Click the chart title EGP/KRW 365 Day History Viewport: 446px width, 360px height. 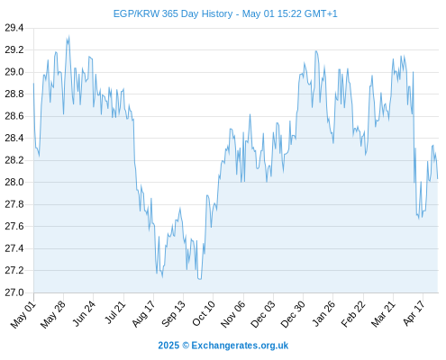click(173, 13)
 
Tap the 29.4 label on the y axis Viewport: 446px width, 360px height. click(14, 28)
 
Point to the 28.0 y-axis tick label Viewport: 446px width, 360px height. click(14, 182)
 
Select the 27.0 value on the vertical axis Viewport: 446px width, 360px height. click(14, 292)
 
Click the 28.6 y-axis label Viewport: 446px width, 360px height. click(14, 116)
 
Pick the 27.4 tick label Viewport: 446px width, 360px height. click(14, 248)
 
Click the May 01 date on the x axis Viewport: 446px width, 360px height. click(23, 315)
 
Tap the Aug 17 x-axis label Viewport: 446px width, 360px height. click(143, 314)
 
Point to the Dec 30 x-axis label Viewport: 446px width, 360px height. click(293, 314)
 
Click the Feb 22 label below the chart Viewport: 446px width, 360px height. click(353, 314)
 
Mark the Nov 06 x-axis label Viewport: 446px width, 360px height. click(233, 314)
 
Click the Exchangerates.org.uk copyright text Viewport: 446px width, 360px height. click(240, 346)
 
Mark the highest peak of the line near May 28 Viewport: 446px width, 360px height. click(68, 36)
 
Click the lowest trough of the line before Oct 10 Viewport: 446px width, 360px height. click(200, 279)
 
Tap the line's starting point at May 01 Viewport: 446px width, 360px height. click(33, 84)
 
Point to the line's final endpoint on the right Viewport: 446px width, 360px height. click(438, 179)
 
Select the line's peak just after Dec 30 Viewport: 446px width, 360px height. click(316, 51)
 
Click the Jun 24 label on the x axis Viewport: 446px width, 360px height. click(84, 314)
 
